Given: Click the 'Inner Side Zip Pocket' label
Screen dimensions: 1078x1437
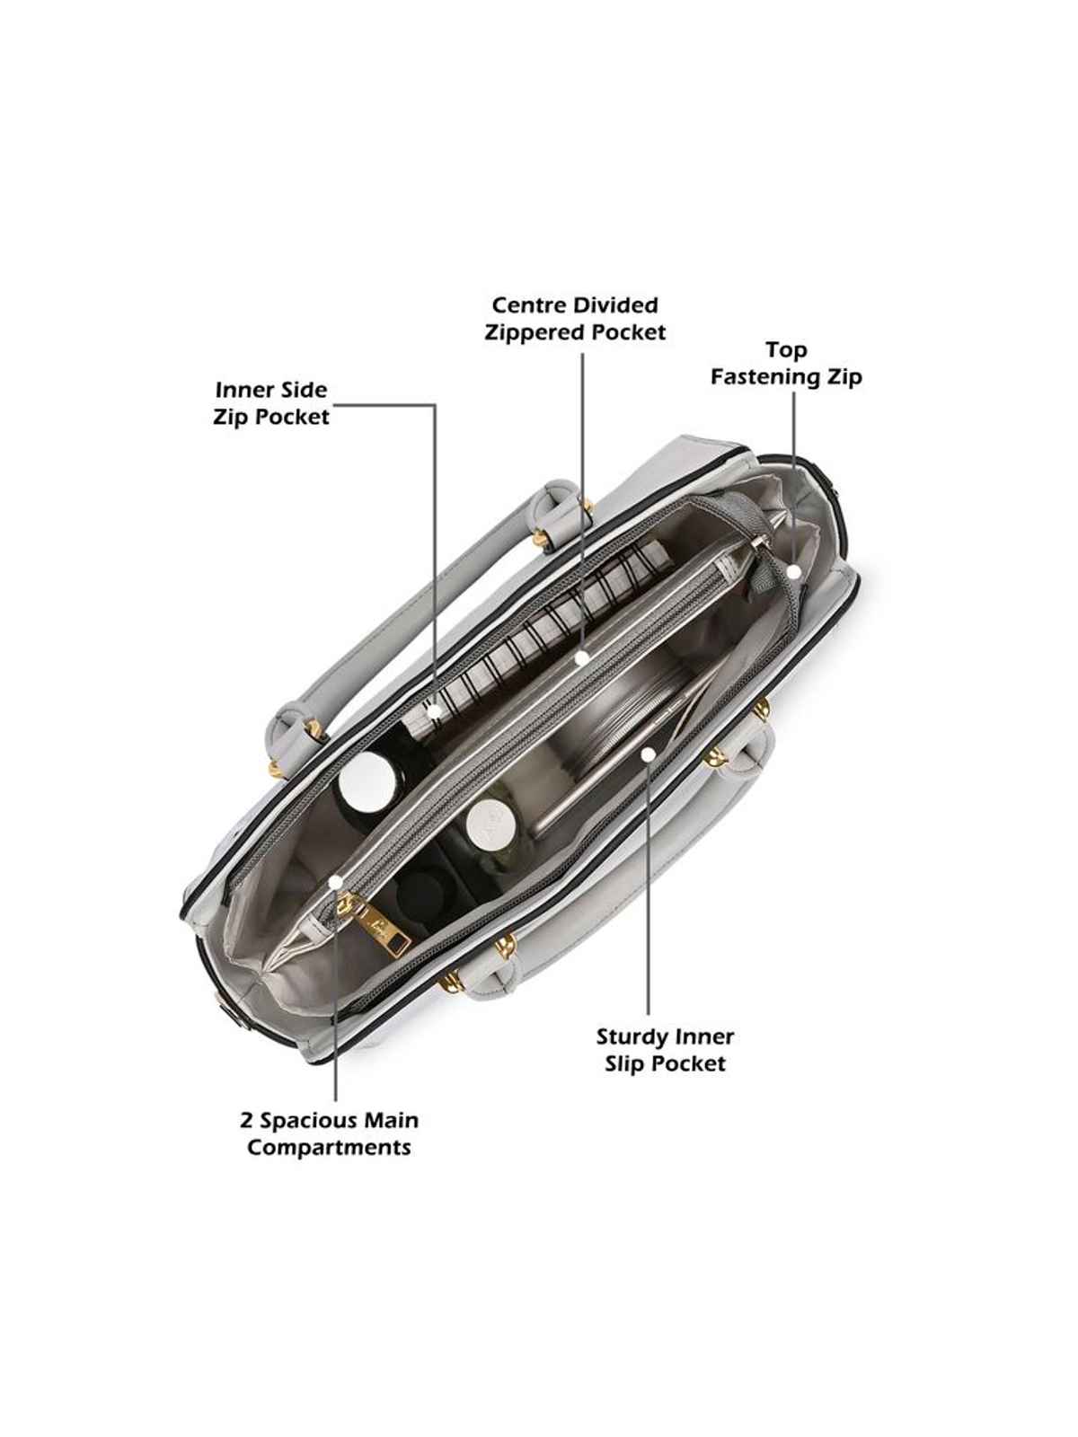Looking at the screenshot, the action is click(271, 403).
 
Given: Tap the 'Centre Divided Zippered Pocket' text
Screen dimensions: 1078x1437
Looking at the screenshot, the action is click(575, 319).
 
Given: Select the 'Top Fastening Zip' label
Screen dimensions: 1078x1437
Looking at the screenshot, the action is click(786, 364).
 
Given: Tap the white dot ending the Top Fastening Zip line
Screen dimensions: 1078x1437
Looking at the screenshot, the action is click(793, 571).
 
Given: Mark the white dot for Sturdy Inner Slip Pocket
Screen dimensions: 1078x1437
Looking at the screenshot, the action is click(648, 754).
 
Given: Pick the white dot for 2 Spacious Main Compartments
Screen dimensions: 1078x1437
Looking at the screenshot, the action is click(335, 883).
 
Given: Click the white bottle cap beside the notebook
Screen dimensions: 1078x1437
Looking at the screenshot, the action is click(368, 782).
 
